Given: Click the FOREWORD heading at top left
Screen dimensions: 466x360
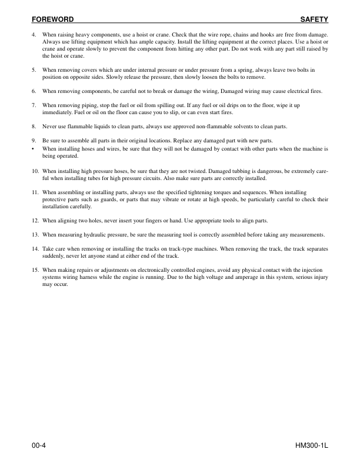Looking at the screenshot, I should point(52,19).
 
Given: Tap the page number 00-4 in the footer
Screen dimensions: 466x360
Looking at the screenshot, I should point(39,447).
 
